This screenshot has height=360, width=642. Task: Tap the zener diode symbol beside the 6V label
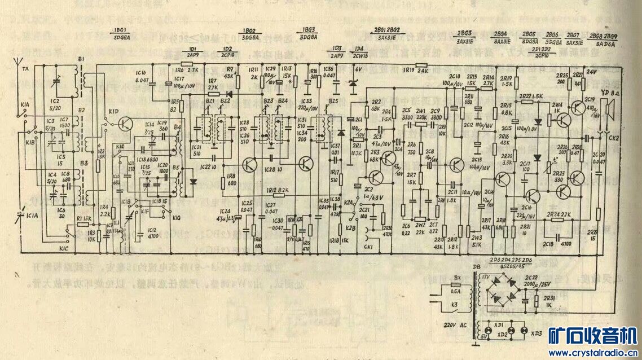click(x=353, y=85)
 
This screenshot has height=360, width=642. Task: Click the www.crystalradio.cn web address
click(x=587, y=353)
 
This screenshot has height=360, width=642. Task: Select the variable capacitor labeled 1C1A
click(x=23, y=214)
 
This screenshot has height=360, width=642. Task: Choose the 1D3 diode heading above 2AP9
click(x=337, y=49)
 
